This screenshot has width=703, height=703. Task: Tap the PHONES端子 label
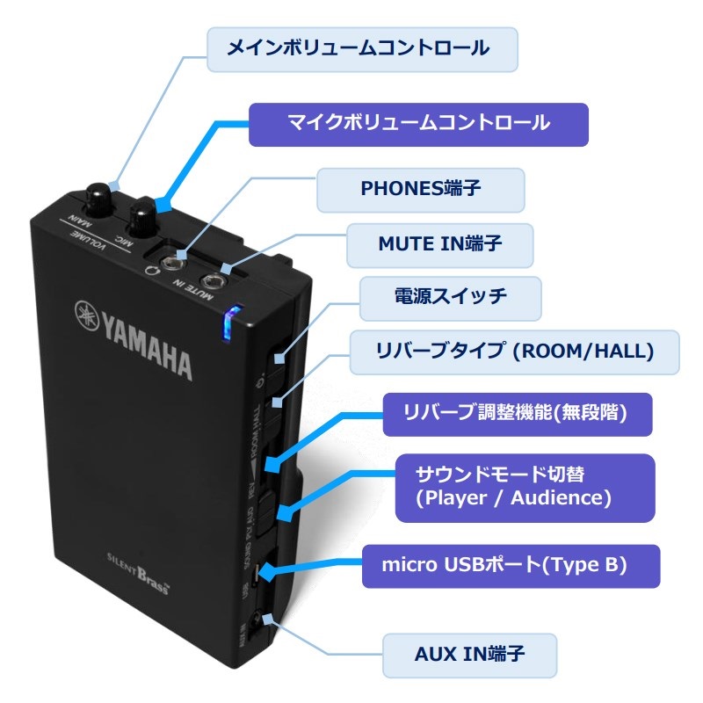coord(421,190)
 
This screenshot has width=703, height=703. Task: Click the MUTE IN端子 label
coord(440,245)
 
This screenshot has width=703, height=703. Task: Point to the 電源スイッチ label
coord(450,299)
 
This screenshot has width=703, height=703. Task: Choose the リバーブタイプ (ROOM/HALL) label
coord(514,352)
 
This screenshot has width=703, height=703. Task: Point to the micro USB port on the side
coord(254,576)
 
